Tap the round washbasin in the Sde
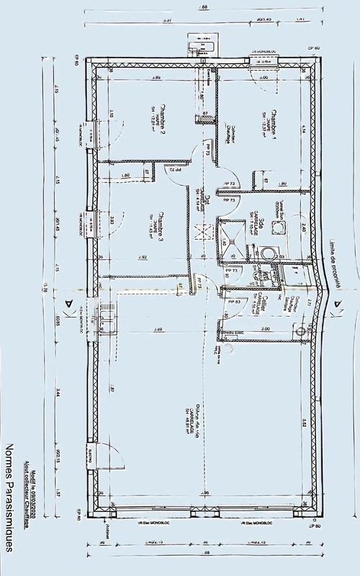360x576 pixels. pyautogui.click(x=269, y=253)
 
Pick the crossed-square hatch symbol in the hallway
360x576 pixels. pyautogui.click(x=204, y=234)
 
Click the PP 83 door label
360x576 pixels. pyautogui.click(x=233, y=302)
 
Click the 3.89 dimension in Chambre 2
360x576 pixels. pyautogui.click(x=156, y=78)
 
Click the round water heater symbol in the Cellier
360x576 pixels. pyautogui.click(x=300, y=331)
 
